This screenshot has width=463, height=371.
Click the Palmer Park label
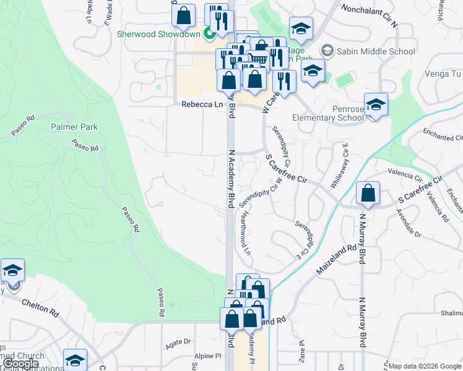[74, 127]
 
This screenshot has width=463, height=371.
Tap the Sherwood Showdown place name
[159, 34]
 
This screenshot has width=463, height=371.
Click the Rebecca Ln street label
[202, 105]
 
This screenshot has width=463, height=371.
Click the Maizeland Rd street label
[337, 258]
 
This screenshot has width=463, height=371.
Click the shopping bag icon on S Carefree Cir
[368, 193]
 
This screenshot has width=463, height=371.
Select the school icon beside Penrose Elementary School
[375, 104]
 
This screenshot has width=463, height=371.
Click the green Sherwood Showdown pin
[210, 34]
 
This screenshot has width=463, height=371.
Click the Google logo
[21, 364]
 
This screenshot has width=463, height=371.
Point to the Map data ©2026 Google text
[425, 366]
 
